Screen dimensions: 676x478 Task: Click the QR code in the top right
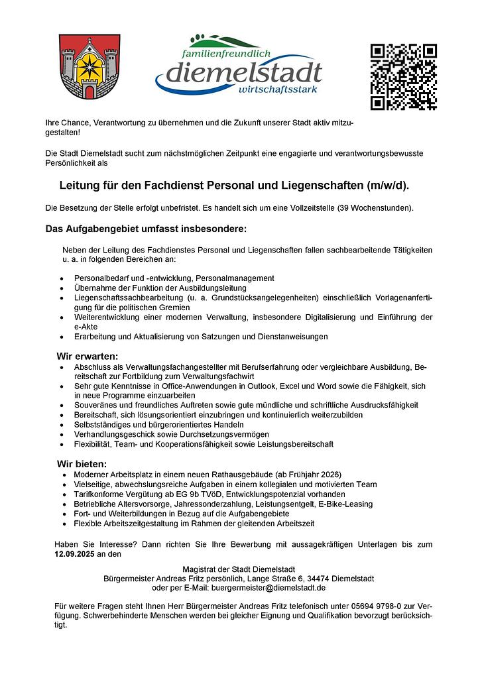(x=403, y=77)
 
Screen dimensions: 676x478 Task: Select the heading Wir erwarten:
(x=88, y=357)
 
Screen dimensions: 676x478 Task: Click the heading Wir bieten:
(x=82, y=463)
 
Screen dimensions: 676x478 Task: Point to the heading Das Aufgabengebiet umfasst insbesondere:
(x=146, y=229)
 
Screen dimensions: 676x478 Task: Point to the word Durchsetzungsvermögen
(x=229, y=434)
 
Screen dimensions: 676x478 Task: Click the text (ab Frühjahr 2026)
(x=310, y=475)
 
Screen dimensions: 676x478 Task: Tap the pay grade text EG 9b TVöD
(x=200, y=494)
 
